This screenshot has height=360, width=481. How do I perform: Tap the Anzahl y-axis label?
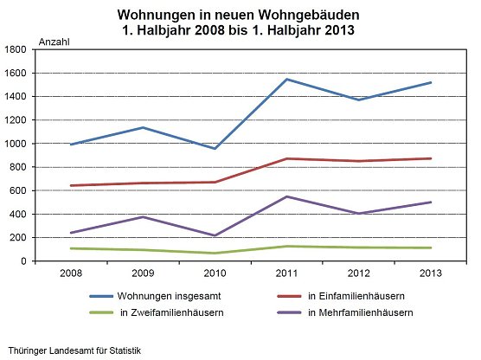55,42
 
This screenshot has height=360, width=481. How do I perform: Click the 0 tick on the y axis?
26,261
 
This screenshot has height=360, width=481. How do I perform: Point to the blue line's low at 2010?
215,149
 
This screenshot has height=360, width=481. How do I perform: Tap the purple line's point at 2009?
143,216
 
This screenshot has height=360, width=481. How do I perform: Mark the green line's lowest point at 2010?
215,254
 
